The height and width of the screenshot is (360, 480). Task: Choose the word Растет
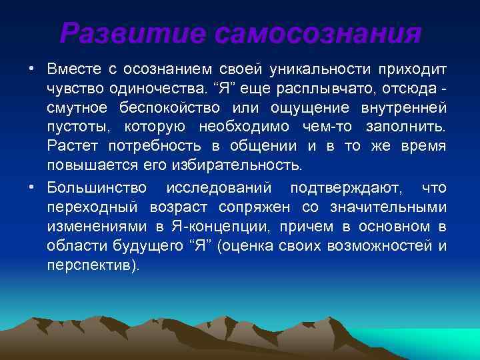pos(70,145)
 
